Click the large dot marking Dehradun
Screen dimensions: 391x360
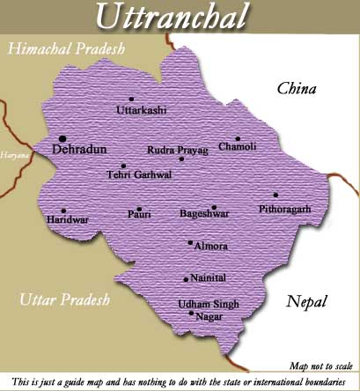click(x=62, y=138)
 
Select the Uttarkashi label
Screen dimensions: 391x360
click(x=142, y=111)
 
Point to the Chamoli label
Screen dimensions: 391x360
click(x=238, y=146)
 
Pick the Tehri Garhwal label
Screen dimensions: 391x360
click(x=139, y=174)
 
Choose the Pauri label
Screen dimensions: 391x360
click(x=140, y=214)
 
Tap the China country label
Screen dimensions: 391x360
click(x=297, y=88)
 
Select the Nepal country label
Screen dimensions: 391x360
click(x=307, y=302)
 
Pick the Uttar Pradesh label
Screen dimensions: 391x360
click(x=64, y=300)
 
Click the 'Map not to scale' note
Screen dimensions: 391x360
click(x=320, y=365)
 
